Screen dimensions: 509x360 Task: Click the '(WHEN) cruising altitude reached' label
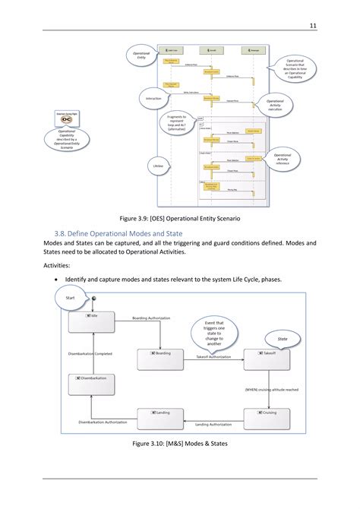tap(270, 389)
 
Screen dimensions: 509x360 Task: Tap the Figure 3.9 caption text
tap(180, 219)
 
